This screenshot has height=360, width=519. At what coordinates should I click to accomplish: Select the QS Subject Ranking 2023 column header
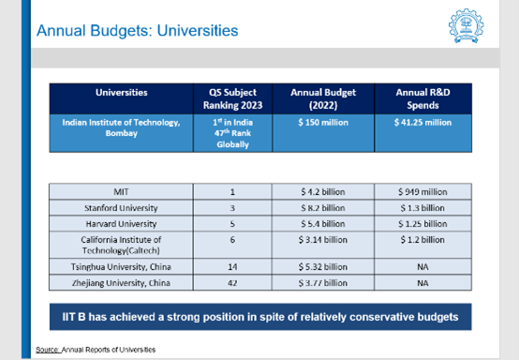coord(230,98)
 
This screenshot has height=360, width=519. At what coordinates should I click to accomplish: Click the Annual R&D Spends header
coord(421,98)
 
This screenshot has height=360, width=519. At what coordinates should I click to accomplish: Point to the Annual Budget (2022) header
coord(320,98)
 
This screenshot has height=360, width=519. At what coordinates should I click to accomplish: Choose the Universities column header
coord(122,93)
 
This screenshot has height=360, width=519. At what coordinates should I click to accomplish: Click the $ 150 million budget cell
coord(320,123)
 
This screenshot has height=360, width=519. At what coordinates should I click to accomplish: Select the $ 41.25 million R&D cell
coord(421,123)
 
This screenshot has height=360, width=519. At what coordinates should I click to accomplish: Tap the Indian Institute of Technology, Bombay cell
coord(122,128)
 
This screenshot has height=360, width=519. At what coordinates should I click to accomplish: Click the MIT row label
coord(122,191)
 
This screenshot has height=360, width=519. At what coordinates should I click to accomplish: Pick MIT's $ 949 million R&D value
coord(421,191)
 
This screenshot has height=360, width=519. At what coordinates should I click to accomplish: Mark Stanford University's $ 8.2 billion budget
coord(320,207)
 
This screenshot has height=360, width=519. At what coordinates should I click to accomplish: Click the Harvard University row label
coord(122,223)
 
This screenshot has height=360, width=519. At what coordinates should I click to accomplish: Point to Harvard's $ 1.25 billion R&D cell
coord(421,223)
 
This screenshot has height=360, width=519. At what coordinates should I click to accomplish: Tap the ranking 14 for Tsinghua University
coord(230,266)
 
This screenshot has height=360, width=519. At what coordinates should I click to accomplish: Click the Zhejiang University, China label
coord(122,282)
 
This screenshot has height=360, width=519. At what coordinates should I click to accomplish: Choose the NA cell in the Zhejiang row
coord(421,282)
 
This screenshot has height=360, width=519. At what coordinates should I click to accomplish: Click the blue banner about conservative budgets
coord(259,317)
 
